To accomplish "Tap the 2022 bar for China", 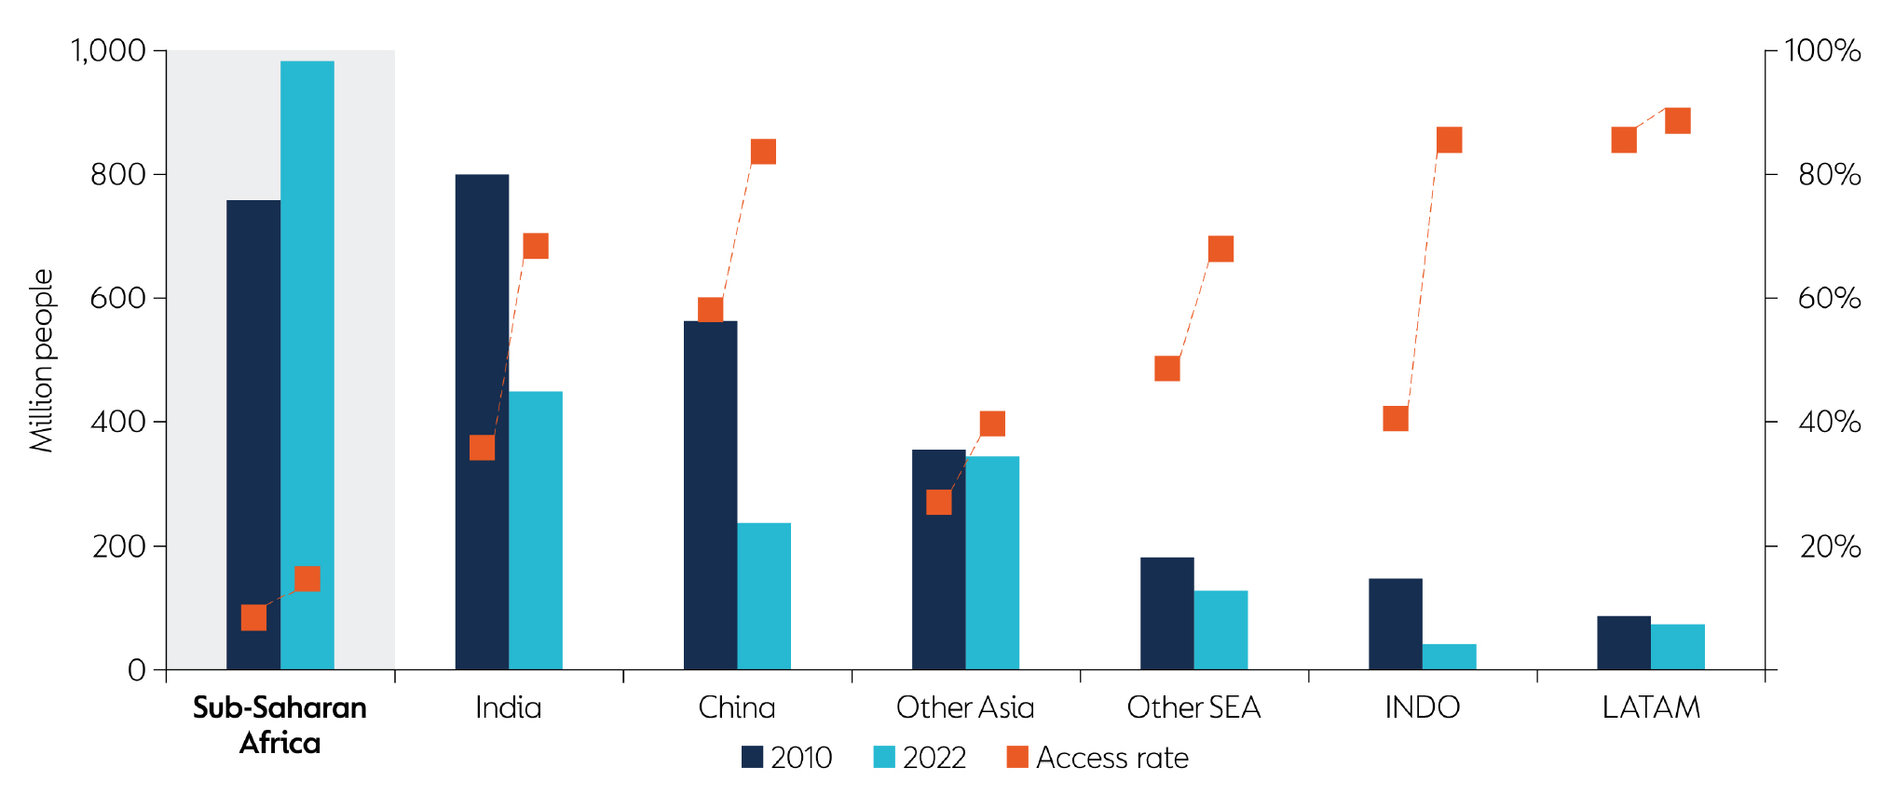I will [x=764, y=596].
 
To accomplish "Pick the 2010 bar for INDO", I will [x=1395, y=624].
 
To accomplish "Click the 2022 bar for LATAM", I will [x=1677, y=647].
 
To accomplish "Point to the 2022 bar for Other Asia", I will [x=992, y=562].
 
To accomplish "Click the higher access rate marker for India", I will [x=536, y=246].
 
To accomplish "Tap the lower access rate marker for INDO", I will [x=1395, y=419].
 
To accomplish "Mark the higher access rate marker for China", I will [x=763, y=152].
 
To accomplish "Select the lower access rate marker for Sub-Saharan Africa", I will [x=253, y=617].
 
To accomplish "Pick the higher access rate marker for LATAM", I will [x=1677, y=121].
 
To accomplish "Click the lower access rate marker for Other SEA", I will [x=1166, y=369].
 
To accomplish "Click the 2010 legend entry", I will [x=787, y=758].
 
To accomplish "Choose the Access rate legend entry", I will [x=1097, y=758].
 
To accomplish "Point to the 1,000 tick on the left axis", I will [x=109, y=50].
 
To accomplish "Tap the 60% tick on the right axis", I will [x=1829, y=299].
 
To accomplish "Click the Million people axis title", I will [x=42, y=361].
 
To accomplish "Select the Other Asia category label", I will [x=965, y=707].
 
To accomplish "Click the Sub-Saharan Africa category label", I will [x=279, y=724].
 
